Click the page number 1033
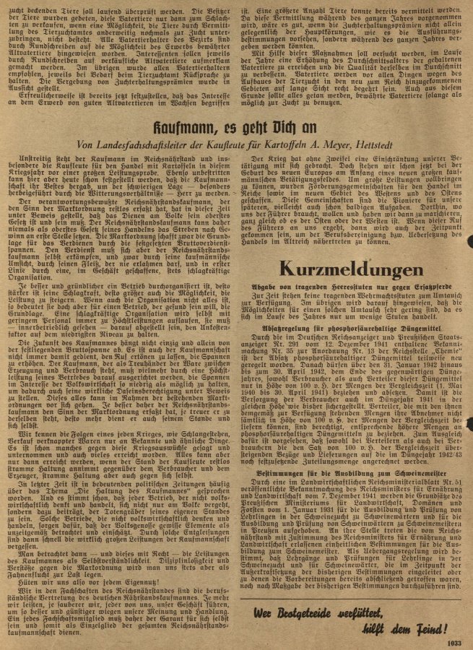click(453, 640)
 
